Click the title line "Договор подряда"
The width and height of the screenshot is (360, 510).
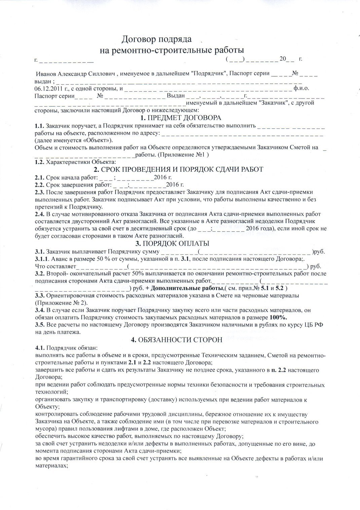tap(156, 39)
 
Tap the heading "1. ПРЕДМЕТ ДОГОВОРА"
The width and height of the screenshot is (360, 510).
tap(181, 118)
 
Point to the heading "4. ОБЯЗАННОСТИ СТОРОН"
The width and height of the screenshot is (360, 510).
tap(176, 340)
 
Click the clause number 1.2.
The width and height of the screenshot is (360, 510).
tap(39, 162)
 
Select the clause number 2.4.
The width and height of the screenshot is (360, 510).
tap(39, 214)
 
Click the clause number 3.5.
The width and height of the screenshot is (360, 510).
tap(39, 325)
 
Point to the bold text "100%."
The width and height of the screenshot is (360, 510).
tap(280, 317)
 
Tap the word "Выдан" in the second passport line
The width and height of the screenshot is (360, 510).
tap(176, 96)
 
